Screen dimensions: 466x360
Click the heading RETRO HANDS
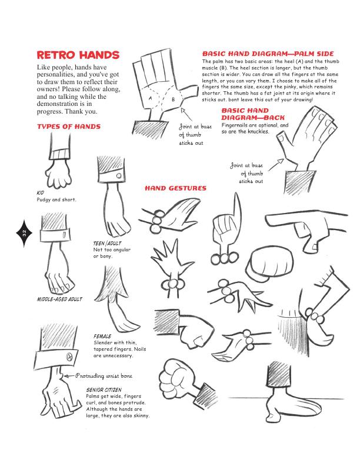[x=78, y=55]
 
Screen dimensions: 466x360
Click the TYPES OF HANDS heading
[x=69, y=127]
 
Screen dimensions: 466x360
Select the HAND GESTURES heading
[x=175, y=188]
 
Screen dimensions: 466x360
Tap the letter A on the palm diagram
[x=151, y=99]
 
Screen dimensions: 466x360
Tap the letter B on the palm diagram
[x=172, y=100]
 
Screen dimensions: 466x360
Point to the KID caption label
[x=41, y=192]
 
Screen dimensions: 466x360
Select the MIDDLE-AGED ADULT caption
[x=59, y=299]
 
